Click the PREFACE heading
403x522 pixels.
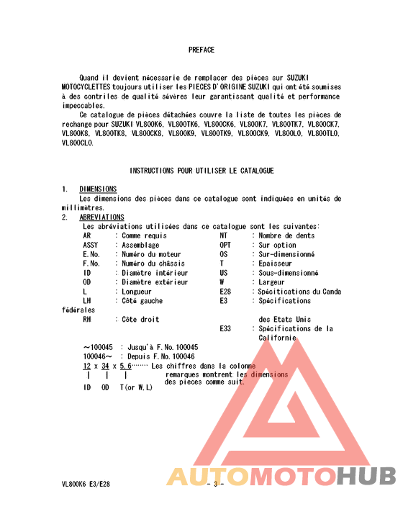point(201,50)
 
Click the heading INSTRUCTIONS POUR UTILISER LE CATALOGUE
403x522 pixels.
point(201,171)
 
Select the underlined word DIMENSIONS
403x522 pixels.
point(98,189)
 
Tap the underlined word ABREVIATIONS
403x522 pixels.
point(101,217)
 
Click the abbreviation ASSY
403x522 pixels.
point(91,245)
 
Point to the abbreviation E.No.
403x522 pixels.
point(91,254)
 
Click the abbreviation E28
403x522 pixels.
point(225,292)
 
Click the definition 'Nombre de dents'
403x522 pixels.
point(286,235)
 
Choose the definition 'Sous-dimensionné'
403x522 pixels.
point(287,273)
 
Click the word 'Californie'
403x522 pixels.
point(277,338)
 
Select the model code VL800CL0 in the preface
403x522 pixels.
point(78,143)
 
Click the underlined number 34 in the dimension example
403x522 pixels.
point(105,366)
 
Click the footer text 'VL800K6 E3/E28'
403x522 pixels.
point(86,484)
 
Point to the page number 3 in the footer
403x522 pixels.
point(215,484)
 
